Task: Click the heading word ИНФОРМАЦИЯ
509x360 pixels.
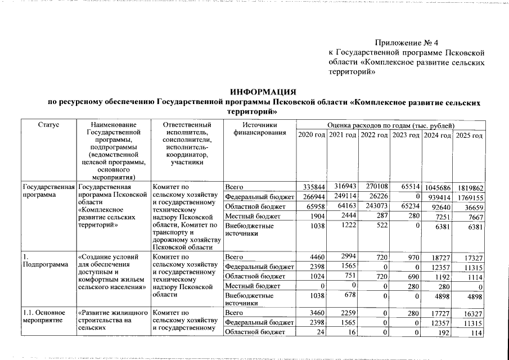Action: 264,92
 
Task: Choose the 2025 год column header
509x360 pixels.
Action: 469,136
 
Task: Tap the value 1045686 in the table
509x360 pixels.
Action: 438,188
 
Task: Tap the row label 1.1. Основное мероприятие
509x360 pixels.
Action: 41,316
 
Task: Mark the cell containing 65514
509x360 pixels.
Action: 407,186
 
